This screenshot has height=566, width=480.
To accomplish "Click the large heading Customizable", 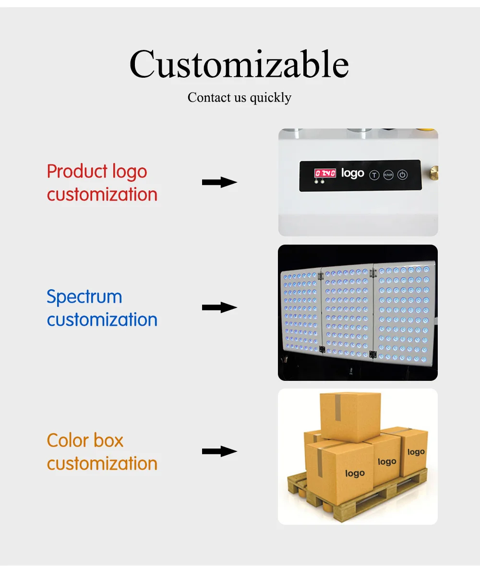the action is pos(239,64).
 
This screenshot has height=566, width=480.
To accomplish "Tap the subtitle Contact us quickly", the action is pos(239,97).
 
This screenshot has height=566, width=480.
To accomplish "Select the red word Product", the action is pos(77,171).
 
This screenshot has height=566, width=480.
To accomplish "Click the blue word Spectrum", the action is pos(84,297).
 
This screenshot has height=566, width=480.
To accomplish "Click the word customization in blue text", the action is pos(102,319).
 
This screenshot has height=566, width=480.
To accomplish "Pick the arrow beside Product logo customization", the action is pos(219,182).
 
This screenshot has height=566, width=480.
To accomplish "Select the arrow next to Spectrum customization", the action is pos(219,307).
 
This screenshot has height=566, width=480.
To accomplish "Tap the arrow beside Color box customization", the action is pos(219,451).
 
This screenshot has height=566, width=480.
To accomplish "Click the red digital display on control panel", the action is pos(325,173).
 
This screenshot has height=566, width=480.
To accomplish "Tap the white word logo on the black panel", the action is pos(352,173).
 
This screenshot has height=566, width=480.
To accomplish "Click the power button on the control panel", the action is pos(403,175).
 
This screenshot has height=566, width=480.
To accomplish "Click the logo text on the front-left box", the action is pos(355,473).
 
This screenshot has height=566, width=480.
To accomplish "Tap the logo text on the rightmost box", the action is pos(416,452).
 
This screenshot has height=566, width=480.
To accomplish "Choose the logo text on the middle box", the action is pos(387,461).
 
